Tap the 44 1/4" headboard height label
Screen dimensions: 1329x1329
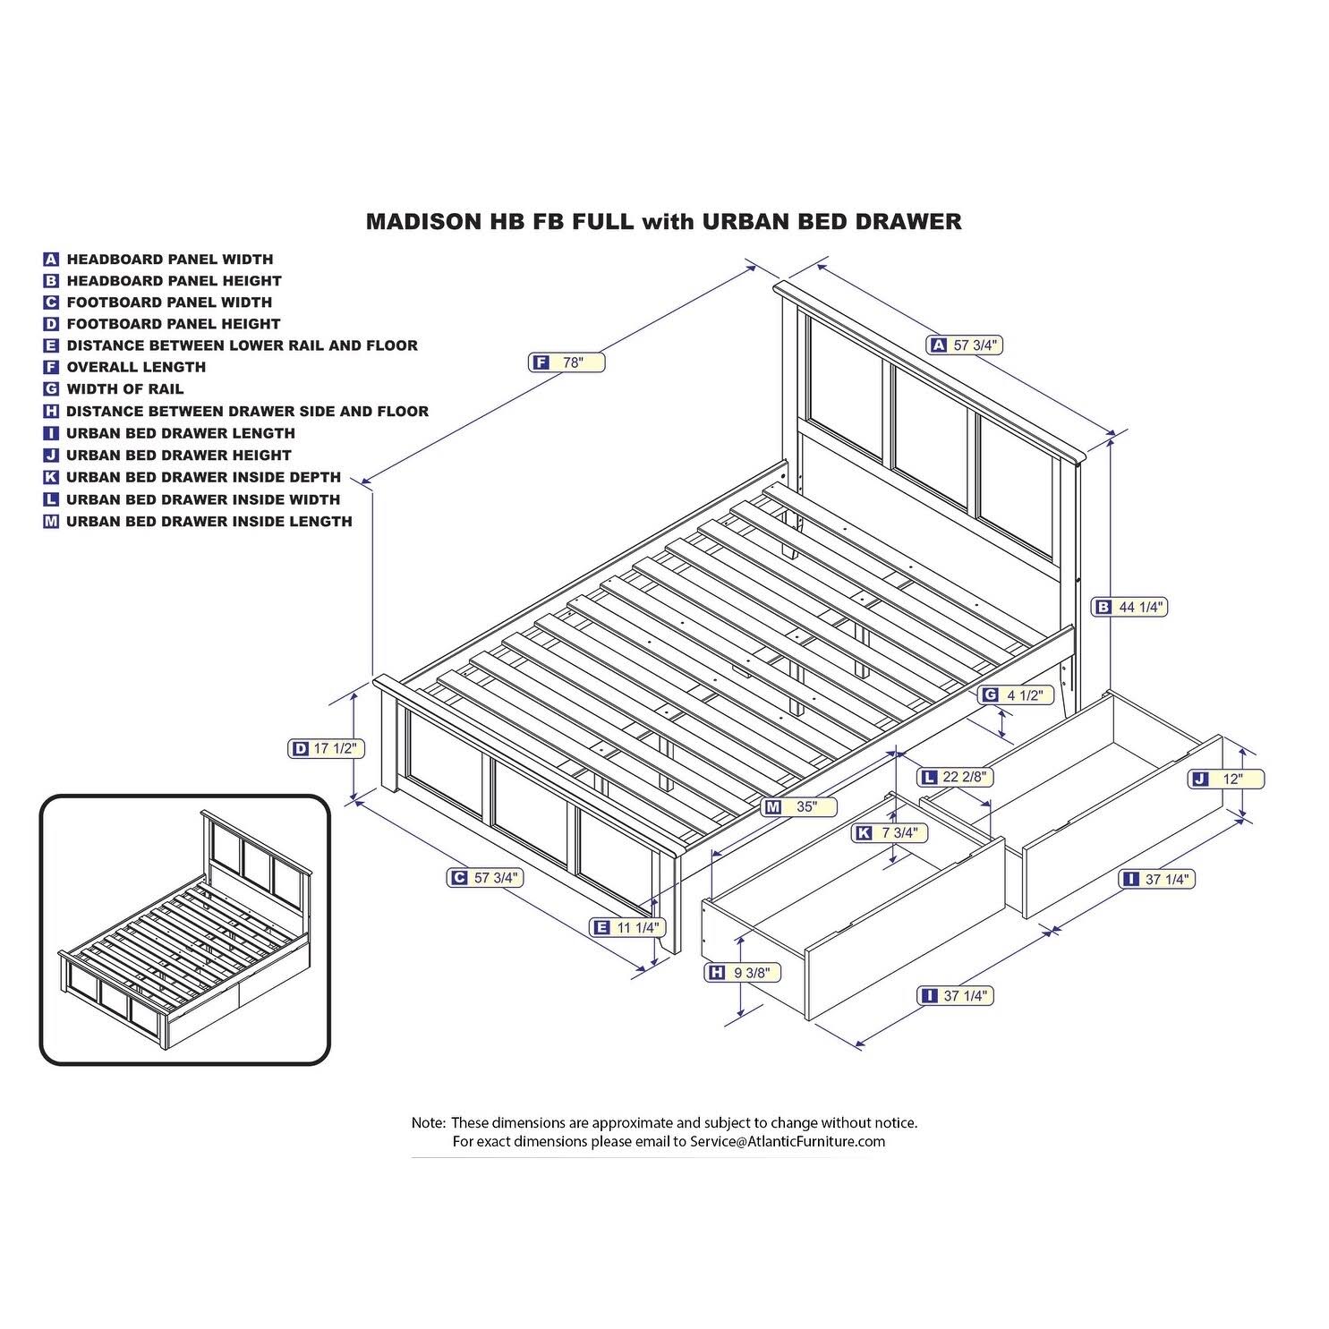coord(1130,607)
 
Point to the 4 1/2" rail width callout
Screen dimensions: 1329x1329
coord(1016,694)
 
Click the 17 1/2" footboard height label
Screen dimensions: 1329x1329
coord(327,749)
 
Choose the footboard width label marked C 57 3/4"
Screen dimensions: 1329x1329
coord(484,878)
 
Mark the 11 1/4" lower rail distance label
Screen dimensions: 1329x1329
coord(629,927)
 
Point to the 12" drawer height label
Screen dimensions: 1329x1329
coord(1226,780)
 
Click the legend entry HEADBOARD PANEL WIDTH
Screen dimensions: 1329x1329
coord(169,260)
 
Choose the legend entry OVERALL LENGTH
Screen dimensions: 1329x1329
coord(136,367)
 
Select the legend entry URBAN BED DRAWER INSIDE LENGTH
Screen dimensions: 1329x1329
coord(209,522)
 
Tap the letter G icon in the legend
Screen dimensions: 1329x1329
coord(51,389)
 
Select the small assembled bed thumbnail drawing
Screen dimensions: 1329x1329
coord(185,930)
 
